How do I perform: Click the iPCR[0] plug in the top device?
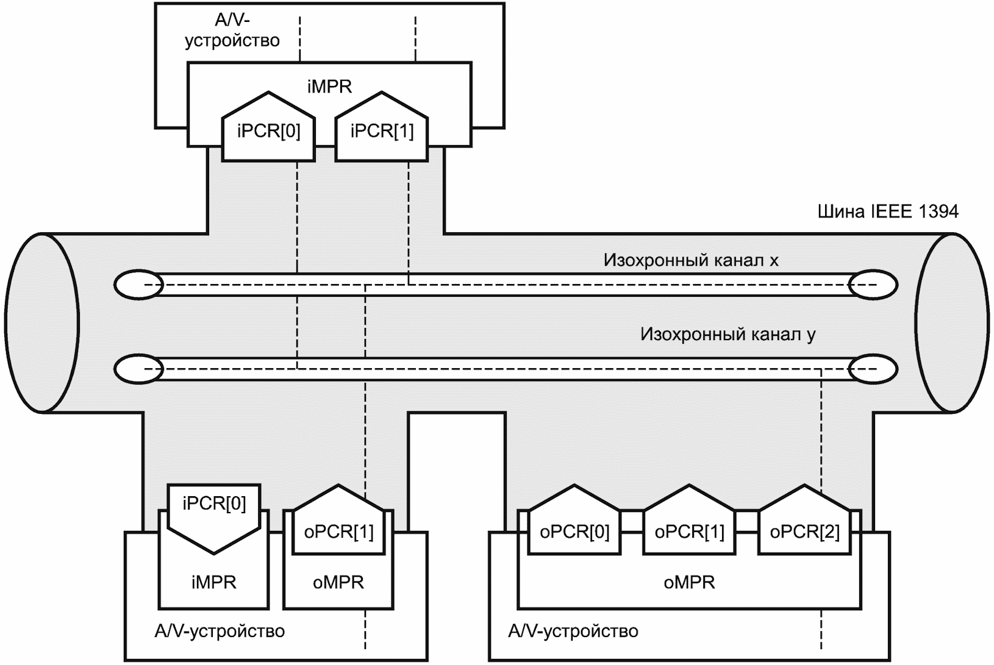point(268,130)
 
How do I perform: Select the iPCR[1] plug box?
point(382,130)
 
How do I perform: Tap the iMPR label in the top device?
point(329,87)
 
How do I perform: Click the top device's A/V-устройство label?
point(232,30)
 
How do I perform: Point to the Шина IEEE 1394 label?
point(887,212)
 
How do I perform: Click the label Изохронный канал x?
point(691,260)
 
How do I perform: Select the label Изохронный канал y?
point(728,335)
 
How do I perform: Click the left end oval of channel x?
point(139,285)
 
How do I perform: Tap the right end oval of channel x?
point(874,285)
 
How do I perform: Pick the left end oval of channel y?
point(139,369)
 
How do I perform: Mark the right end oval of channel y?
point(874,369)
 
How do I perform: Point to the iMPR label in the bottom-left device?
point(213,582)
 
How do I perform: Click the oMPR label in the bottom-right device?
point(689,582)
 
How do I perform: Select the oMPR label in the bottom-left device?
point(338,582)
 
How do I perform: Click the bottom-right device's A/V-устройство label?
point(573,630)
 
